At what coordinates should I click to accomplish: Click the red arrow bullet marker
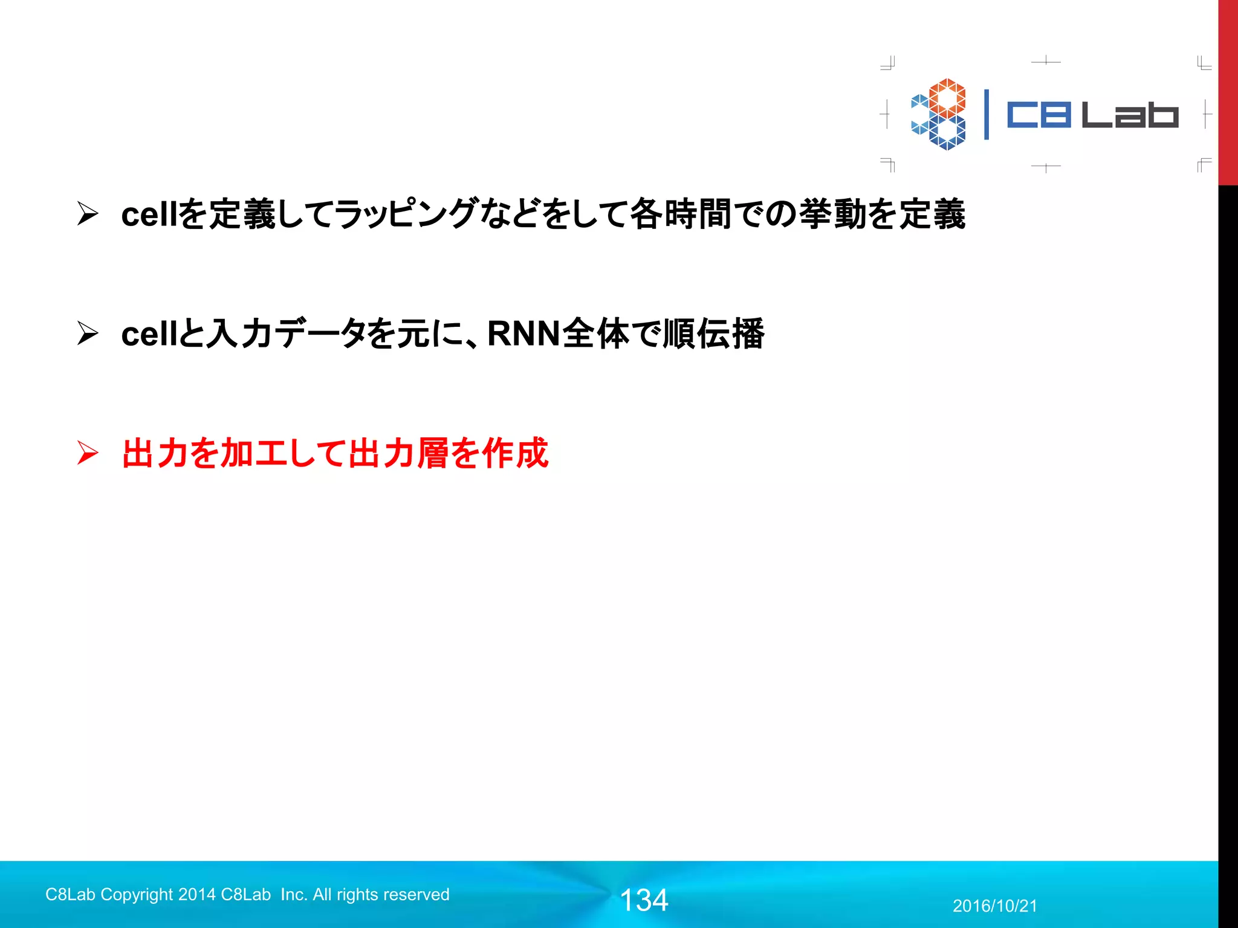point(88,453)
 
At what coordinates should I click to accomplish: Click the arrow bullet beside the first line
point(88,214)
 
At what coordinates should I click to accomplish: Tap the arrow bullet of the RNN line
point(88,333)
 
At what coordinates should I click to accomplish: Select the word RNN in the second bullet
point(523,333)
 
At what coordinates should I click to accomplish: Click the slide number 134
point(644,900)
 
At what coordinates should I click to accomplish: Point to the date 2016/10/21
point(994,906)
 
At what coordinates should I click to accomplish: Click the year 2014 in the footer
point(197,895)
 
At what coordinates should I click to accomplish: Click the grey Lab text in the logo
point(1129,115)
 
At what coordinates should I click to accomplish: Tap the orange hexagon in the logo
point(947,97)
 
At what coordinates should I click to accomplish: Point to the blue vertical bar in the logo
point(987,115)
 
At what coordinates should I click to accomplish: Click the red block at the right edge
point(1228,91)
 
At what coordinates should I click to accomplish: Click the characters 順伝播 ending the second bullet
point(713,333)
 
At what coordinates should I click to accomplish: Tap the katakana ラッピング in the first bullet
point(406,214)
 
